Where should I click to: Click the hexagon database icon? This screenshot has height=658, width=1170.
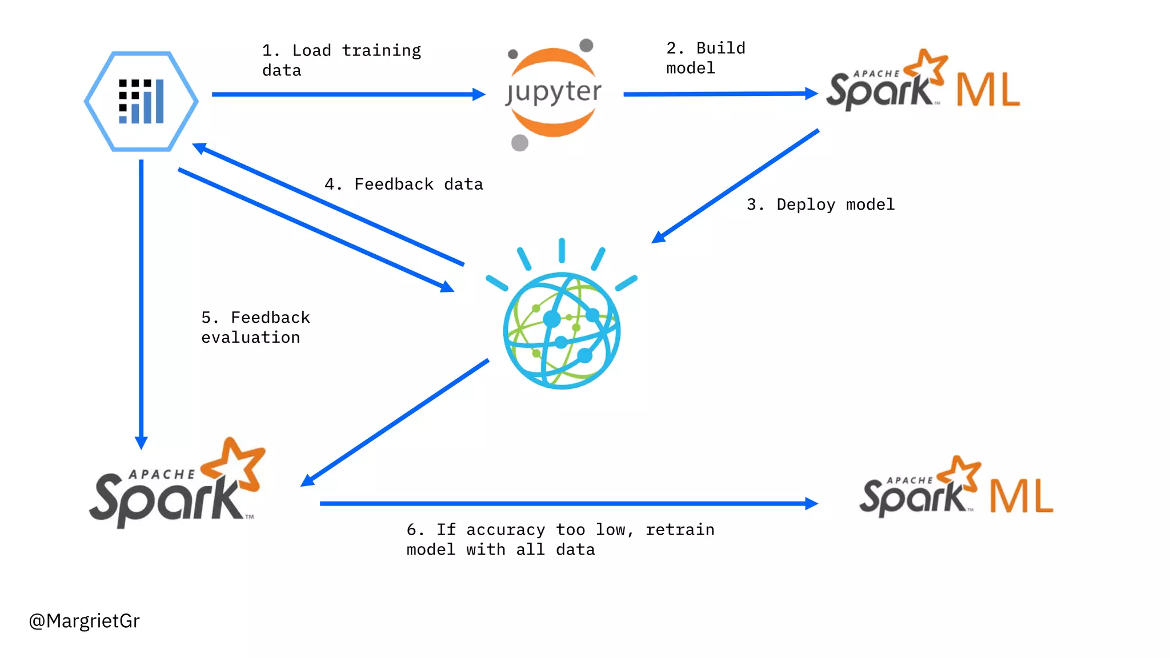141,101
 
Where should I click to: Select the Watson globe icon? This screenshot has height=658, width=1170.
562,331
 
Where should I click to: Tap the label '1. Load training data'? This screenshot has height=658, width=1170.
341,60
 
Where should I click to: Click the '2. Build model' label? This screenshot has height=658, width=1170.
705,58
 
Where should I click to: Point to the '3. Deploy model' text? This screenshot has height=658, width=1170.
820,204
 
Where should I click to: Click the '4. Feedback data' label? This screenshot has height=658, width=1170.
403,184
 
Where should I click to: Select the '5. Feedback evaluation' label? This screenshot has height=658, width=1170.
255,327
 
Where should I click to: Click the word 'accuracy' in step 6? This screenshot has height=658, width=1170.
505,529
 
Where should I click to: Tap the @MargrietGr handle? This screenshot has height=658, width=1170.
84,620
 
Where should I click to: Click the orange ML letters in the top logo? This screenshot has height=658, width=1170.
988,90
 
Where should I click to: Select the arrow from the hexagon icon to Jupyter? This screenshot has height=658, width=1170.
343,94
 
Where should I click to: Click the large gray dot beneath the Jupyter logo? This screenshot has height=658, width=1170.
519,142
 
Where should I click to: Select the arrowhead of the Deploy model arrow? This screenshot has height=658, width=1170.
659,237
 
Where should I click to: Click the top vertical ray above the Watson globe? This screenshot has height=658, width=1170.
562,250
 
